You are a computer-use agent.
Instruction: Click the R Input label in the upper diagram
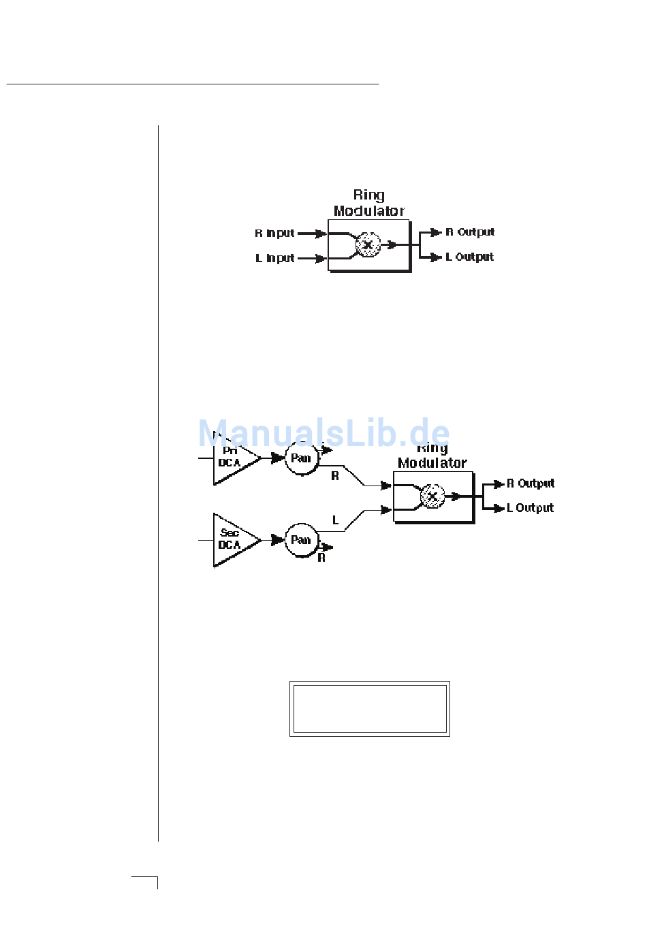(x=274, y=233)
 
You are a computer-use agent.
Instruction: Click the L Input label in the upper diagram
(x=275, y=258)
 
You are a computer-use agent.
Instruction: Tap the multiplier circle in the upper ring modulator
(x=368, y=244)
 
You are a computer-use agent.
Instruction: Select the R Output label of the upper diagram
(x=470, y=232)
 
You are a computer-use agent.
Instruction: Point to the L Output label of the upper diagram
(x=469, y=257)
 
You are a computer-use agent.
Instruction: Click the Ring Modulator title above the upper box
(x=368, y=203)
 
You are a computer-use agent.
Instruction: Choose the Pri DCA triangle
(x=233, y=461)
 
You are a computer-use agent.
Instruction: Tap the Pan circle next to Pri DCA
(x=301, y=458)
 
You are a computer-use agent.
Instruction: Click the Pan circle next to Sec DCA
(x=301, y=540)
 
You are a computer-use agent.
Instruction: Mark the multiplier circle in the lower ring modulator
(x=432, y=496)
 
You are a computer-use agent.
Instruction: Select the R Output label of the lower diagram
(x=531, y=483)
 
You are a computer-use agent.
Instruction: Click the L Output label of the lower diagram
(x=530, y=508)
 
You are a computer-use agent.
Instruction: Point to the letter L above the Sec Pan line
(x=335, y=520)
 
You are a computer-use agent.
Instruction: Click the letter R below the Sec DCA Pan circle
(x=321, y=558)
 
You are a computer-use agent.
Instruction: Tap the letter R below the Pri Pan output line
(x=335, y=476)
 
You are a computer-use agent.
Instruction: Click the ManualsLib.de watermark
(x=323, y=433)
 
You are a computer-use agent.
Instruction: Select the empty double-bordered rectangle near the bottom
(x=370, y=709)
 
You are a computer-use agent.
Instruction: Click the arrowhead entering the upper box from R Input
(x=321, y=234)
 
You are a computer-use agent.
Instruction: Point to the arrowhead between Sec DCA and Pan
(x=277, y=540)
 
